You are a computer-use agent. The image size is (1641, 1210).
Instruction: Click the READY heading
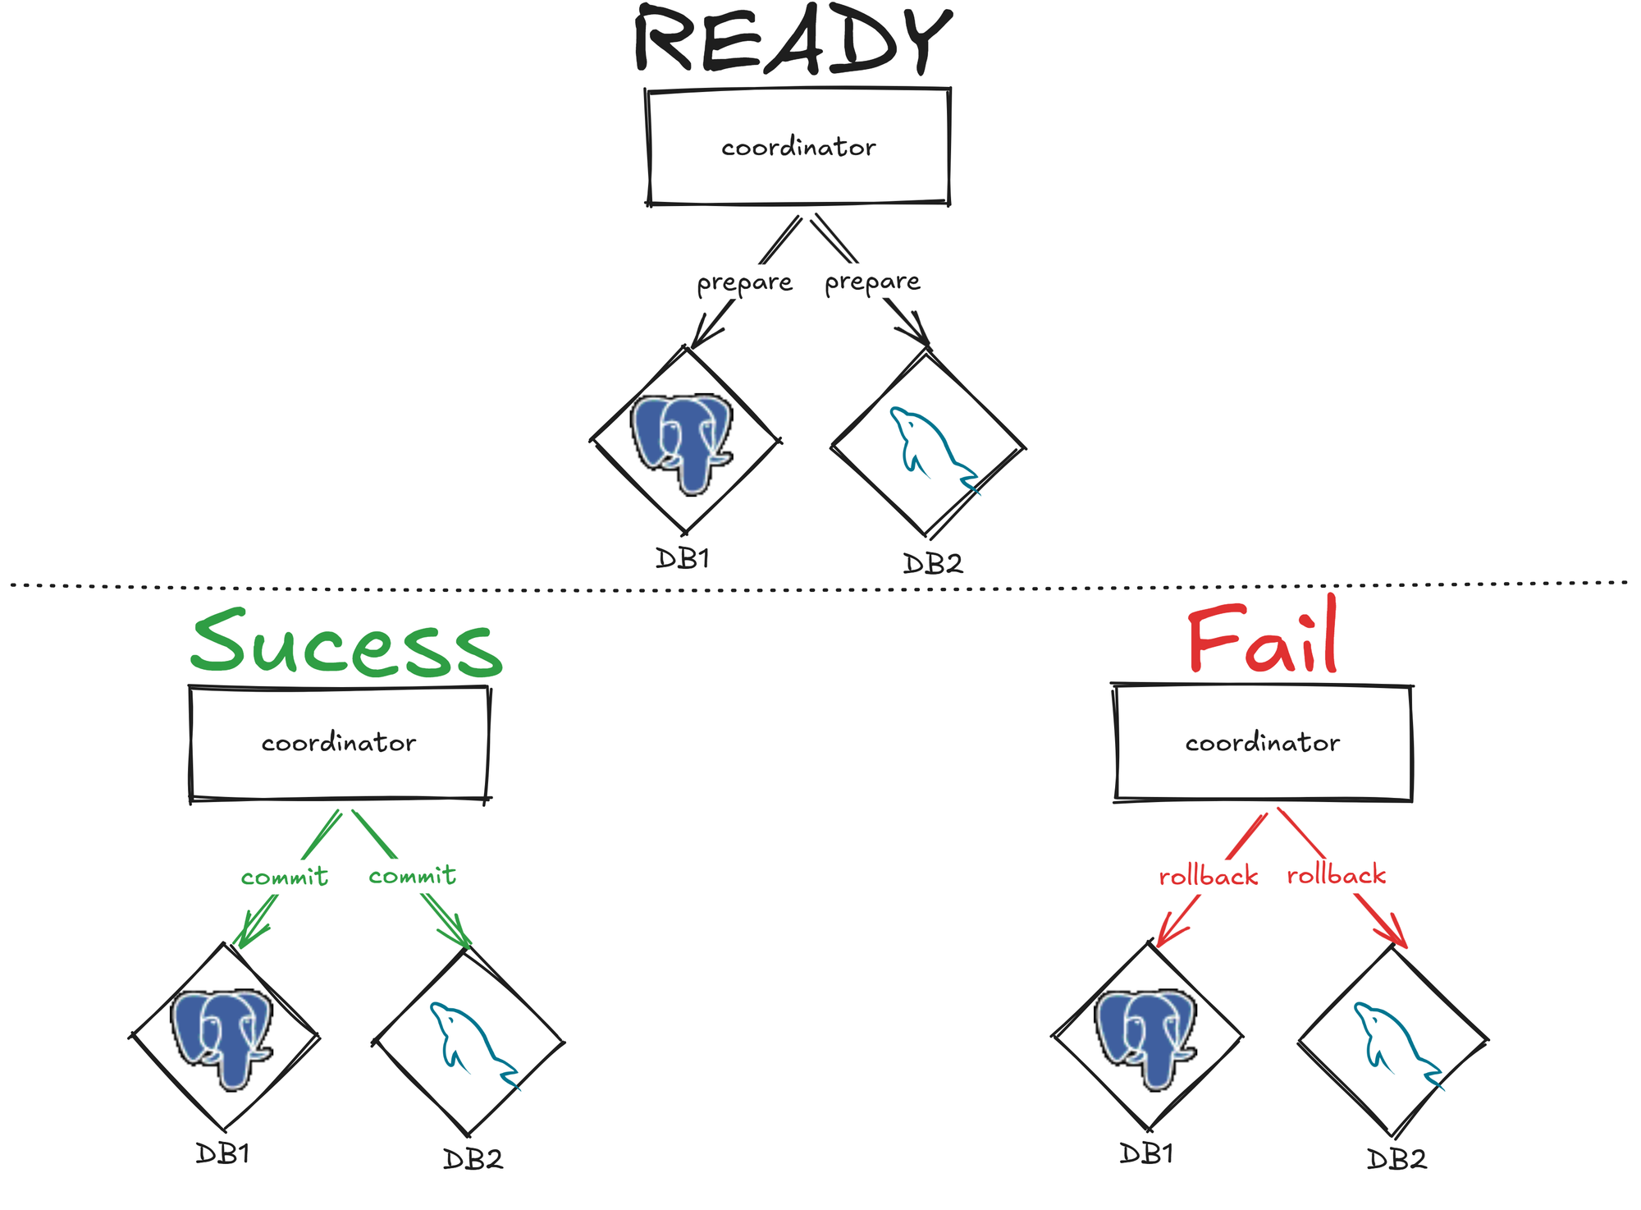tap(793, 41)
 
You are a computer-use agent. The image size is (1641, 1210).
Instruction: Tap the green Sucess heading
tap(346, 644)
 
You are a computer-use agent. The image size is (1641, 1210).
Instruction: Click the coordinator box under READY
tap(798, 147)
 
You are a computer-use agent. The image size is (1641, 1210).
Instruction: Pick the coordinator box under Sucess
tap(339, 743)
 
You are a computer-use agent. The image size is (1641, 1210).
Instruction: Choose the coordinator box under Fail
tap(1262, 743)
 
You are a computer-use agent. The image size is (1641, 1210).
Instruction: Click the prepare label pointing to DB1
tap(744, 283)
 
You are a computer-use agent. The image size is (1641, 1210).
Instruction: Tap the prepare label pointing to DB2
tap(872, 282)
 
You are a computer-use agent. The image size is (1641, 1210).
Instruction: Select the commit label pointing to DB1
tap(285, 878)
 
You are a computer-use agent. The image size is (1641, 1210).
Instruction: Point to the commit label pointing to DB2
tap(413, 876)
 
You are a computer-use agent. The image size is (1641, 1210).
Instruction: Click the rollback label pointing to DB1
tap(1208, 877)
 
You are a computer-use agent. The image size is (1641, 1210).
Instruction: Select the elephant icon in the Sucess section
tap(222, 1038)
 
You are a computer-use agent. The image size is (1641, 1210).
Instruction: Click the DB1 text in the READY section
tap(682, 559)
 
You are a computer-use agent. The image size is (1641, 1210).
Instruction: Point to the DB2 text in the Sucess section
tap(473, 1159)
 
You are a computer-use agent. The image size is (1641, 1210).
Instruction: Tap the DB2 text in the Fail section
tap(1396, 1159)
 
